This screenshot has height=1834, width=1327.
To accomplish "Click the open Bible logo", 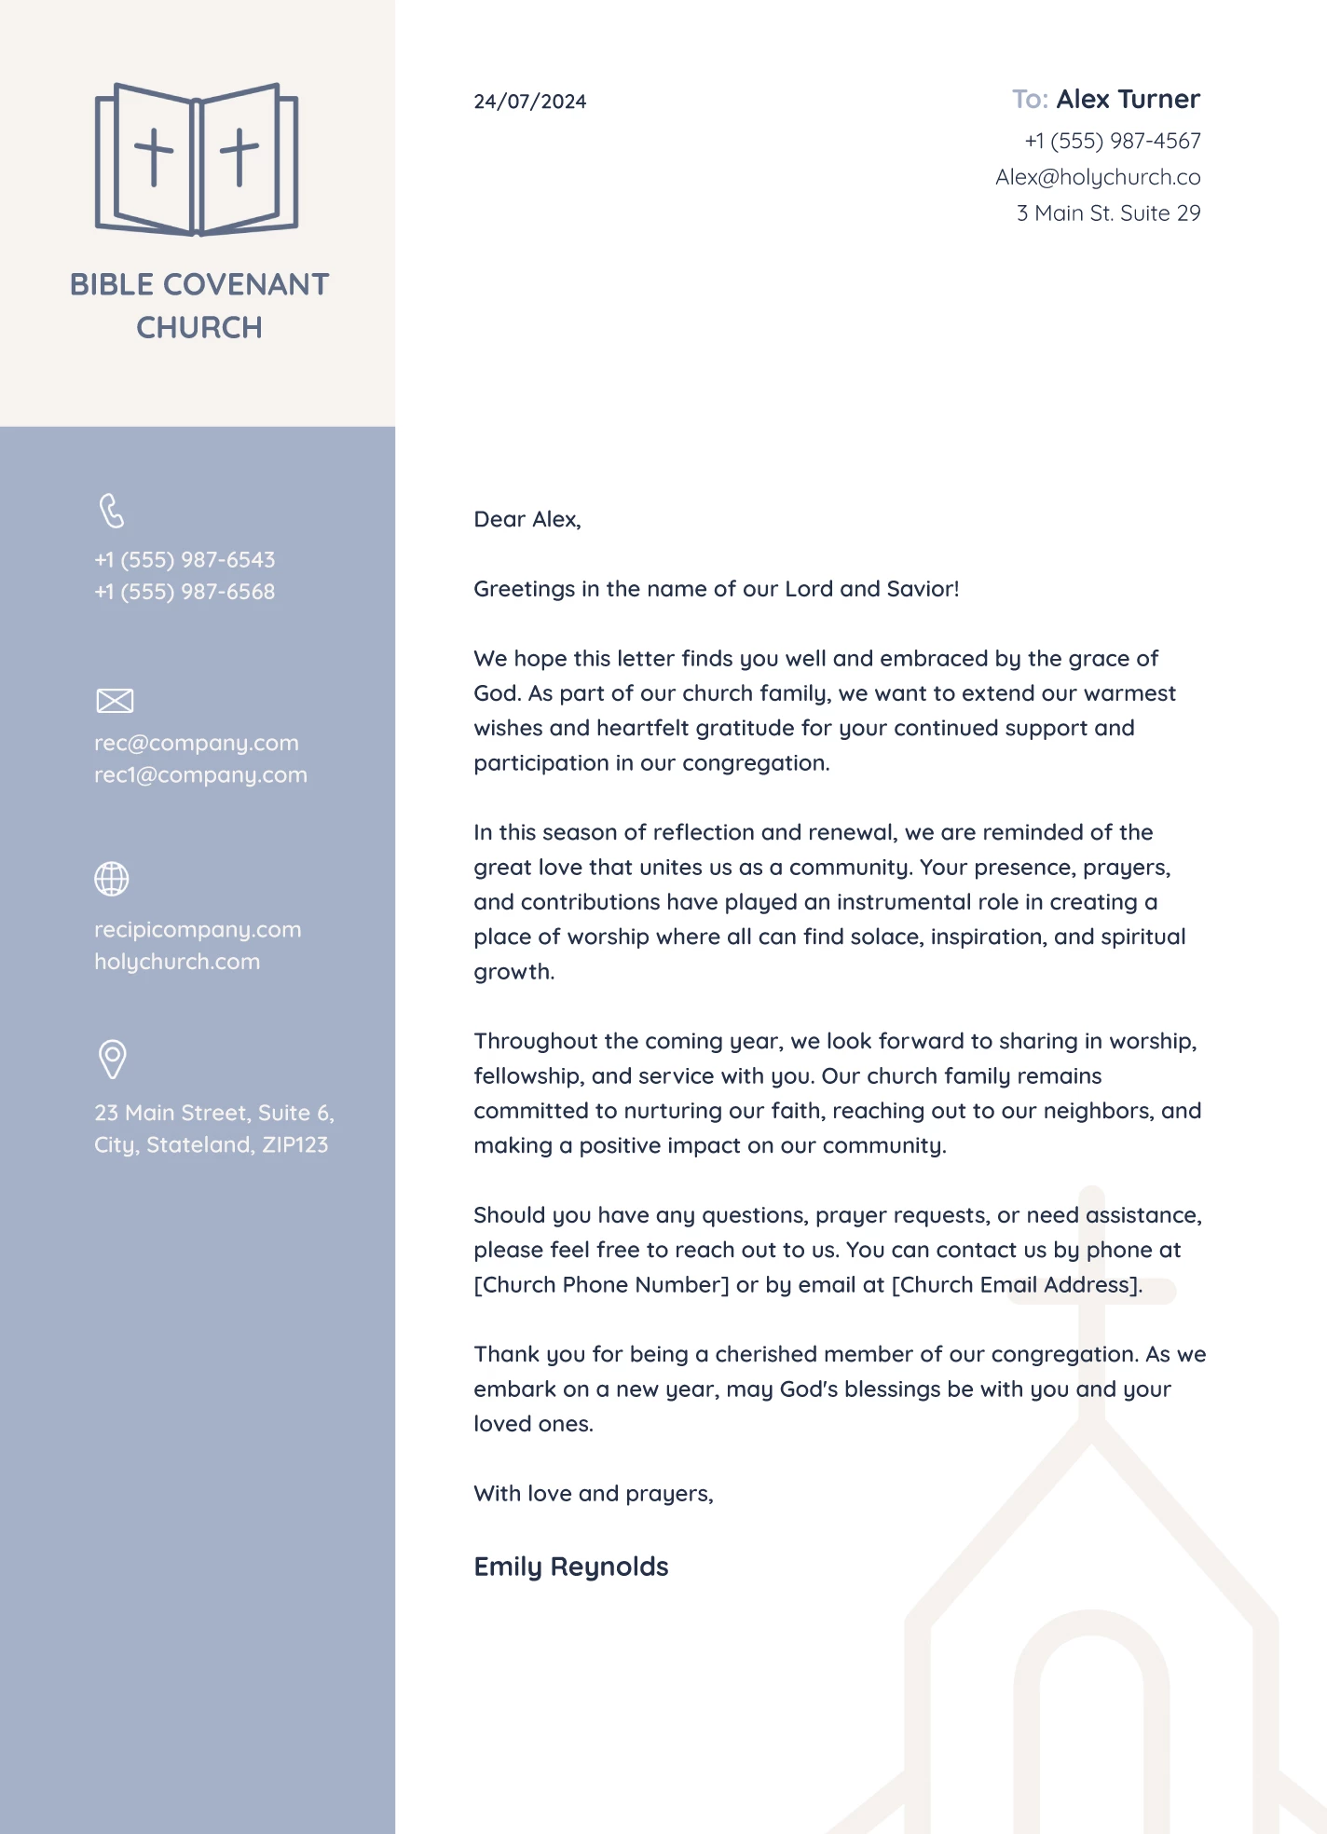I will click(197, 159).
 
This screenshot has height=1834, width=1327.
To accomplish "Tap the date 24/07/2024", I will click(529, 102).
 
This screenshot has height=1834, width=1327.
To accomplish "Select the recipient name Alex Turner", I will click(1128, 100).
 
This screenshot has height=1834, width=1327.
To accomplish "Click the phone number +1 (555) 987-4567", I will click(1112, 141).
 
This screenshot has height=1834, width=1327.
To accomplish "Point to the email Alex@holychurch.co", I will click(1097, 177).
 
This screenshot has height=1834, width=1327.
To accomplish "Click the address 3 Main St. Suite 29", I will click(1108, 213).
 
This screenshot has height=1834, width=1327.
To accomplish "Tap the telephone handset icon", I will click(112, 511).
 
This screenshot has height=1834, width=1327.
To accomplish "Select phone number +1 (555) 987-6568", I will click(185, 592).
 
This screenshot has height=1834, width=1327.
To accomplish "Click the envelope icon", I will click(115, 701).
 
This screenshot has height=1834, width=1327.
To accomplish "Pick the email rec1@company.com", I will click(200, 775).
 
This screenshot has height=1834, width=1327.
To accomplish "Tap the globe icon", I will click(112, 879).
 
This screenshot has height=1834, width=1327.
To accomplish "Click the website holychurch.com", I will click(177, 962).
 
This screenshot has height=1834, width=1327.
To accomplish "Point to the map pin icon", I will click(113, 1060).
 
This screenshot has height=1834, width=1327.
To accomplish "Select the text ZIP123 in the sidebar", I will click(294, 1145).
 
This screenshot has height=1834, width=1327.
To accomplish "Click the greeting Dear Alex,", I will click(527, 520).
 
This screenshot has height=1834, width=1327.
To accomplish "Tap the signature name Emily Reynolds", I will click(570, 1567).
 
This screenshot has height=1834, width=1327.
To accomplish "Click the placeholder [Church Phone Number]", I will click(601, 1285).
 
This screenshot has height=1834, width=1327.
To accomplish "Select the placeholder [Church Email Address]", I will click(1016, 1285).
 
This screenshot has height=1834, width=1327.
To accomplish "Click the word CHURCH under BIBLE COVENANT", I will click(199, 328).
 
